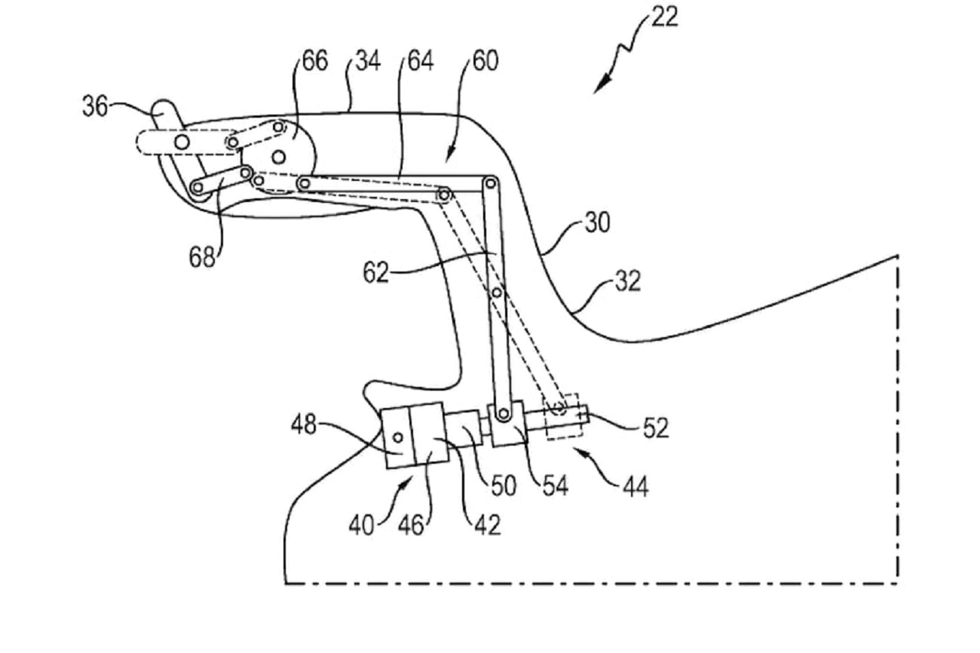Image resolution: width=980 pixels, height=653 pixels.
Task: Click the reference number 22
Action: pyautogui.click(x=664, y=16)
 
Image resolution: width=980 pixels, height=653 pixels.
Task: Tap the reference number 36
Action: pyautogui.click(x=95, y=106)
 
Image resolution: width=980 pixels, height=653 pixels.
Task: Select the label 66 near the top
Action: pyautogui.click(x=315, y=61)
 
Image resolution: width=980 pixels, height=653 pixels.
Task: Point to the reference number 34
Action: pyautogui.click(x=367, y=61)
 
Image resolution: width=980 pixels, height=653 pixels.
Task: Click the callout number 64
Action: pyautogui.click(x=421, y=61)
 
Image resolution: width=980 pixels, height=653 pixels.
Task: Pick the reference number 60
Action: pyautogui.click(x=485, y=61)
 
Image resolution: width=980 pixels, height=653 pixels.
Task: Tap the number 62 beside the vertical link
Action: pyautogui.click(x=375, y=273)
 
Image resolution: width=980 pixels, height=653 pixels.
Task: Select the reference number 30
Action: pyautogui.click(x=597, y=224)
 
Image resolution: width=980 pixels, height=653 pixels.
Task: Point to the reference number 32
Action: pyautogui.click(x=627, y=281)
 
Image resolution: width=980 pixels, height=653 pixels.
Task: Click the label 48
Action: pyautogui.click(x=305, y=425)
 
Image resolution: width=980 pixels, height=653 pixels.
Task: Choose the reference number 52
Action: pyautogui.click(x=655, y=428)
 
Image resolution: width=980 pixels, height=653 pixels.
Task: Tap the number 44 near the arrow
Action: pyautogui.click(x=635, y=486)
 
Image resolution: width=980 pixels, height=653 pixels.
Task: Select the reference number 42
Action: pyautogui.click(x=488, y=524)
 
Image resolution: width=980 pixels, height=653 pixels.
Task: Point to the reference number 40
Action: pyautogui.click(x=361, y=524)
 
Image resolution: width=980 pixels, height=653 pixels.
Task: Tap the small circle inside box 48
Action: pyautogui.click(x=397, y=437)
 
